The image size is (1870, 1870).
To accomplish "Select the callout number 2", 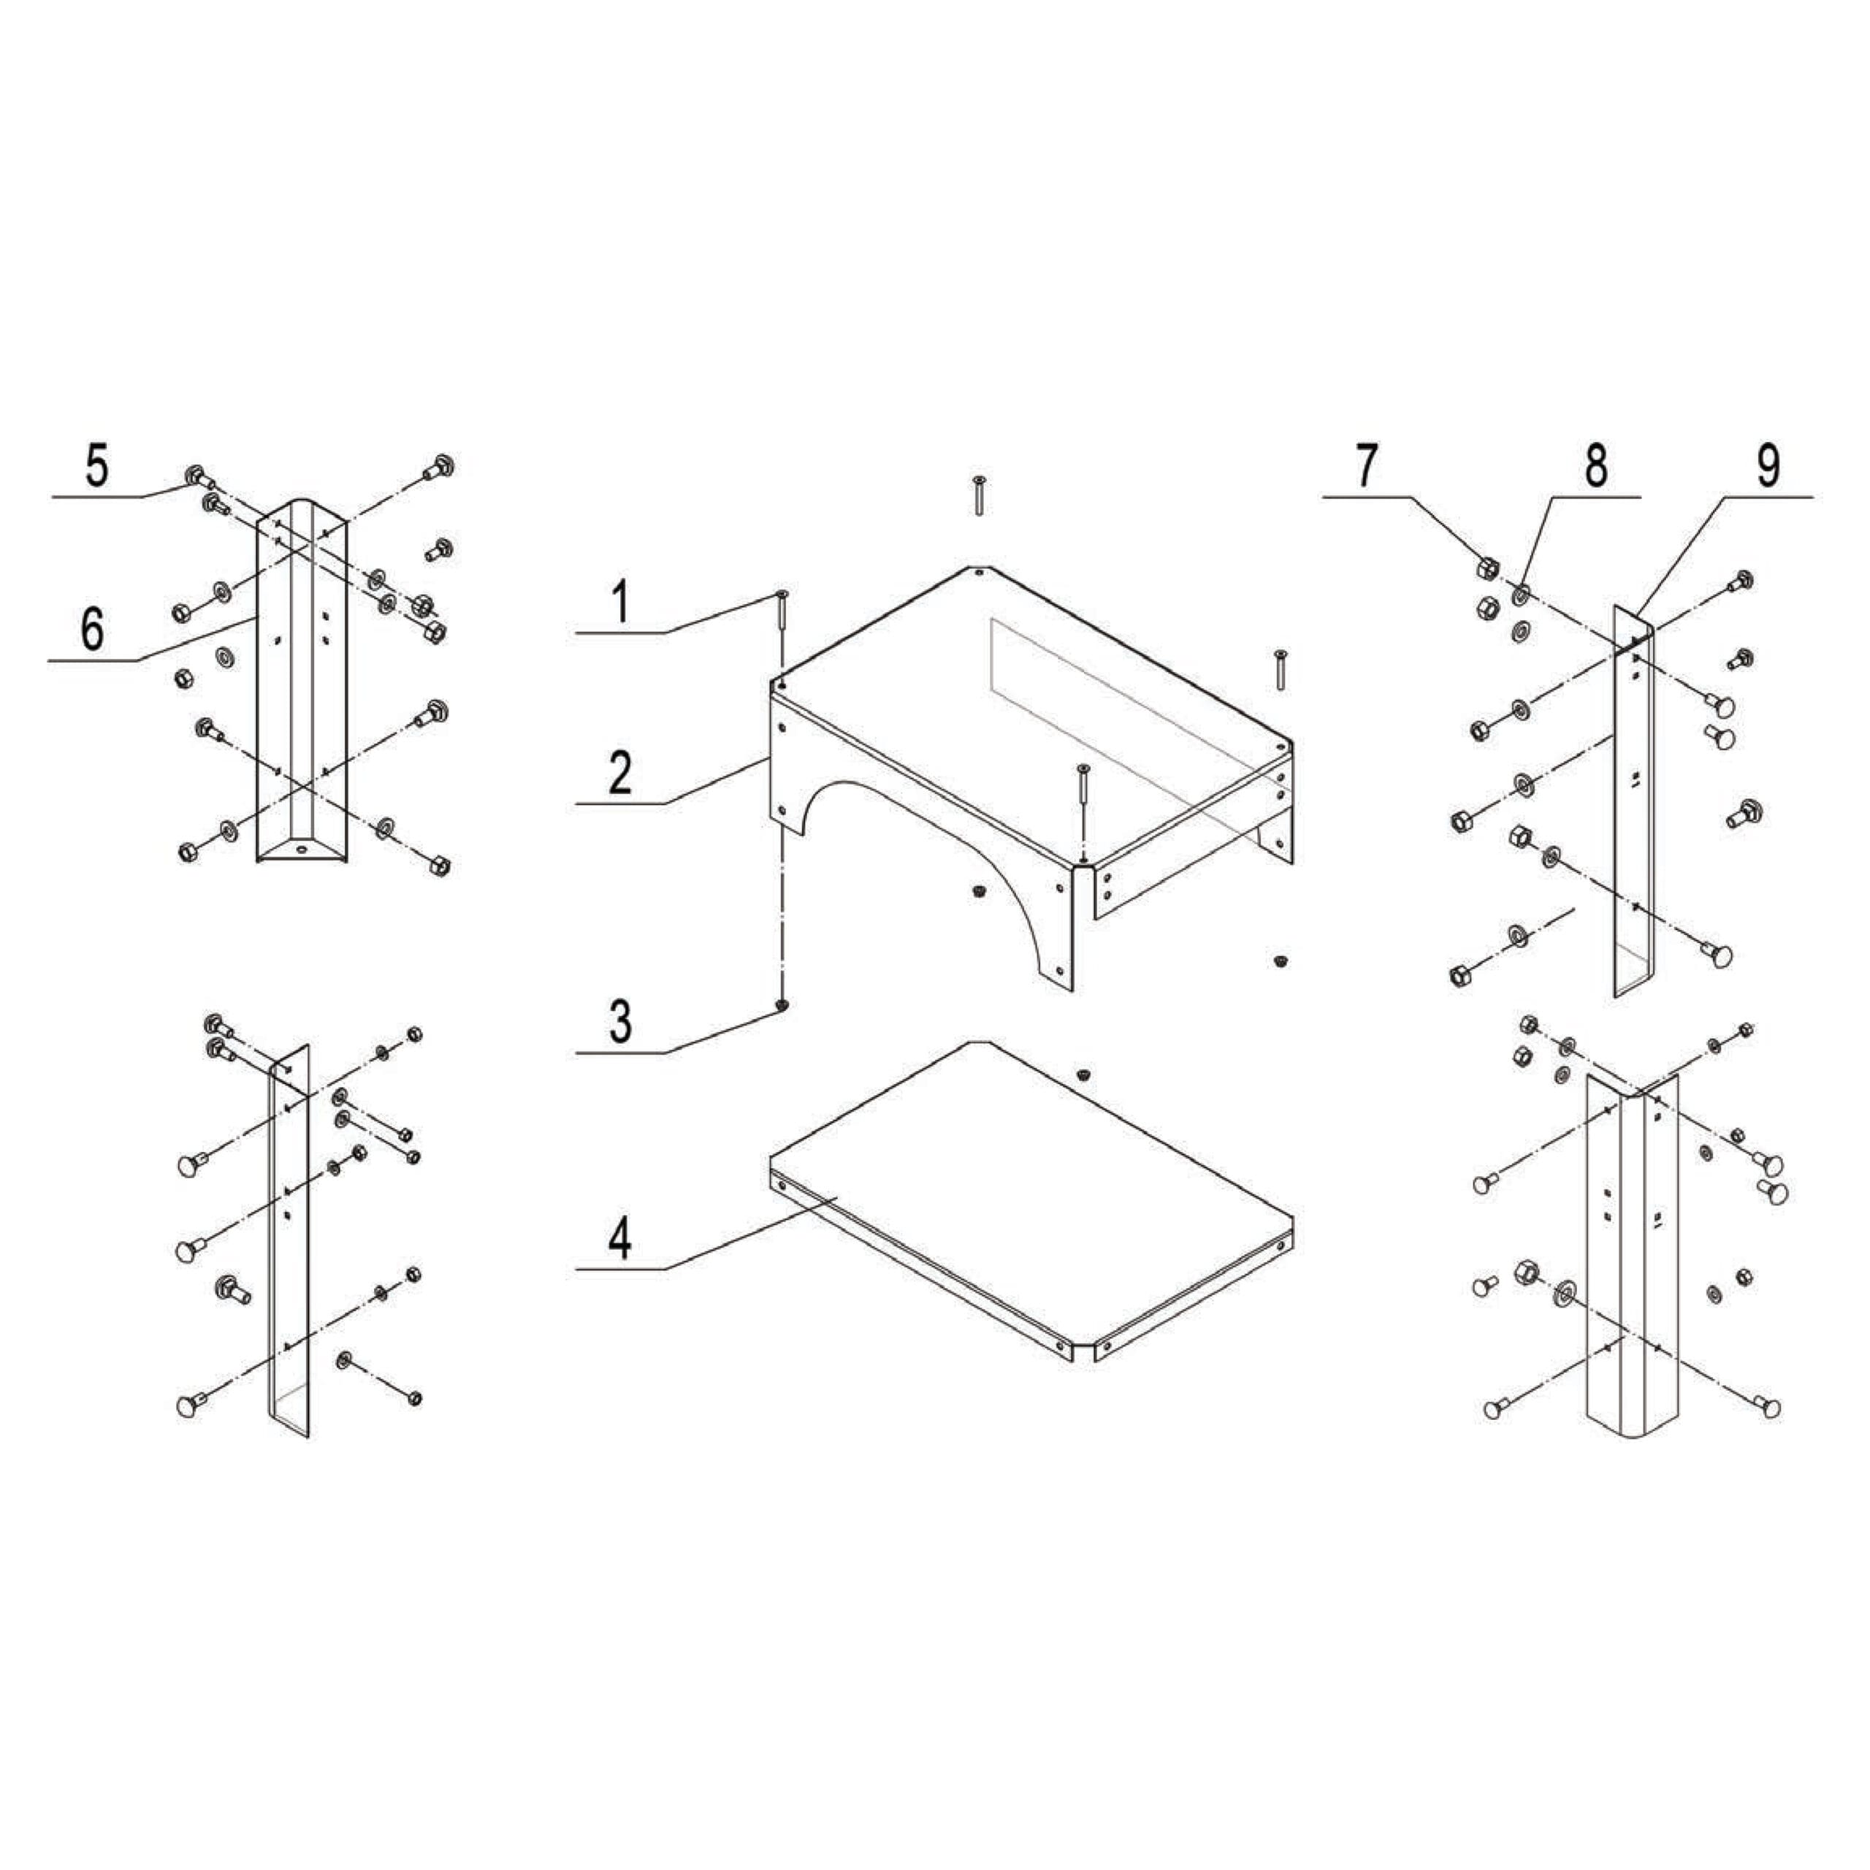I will click(x=620, y=772).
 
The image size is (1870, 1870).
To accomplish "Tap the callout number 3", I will click(x=620, y=1021).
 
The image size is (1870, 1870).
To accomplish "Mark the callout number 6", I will click(x=92, y=630).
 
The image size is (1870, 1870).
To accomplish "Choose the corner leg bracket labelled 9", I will click(x=1634, y=804).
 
